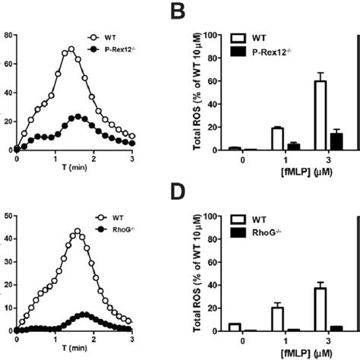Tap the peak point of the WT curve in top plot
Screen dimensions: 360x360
[71, 49]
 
